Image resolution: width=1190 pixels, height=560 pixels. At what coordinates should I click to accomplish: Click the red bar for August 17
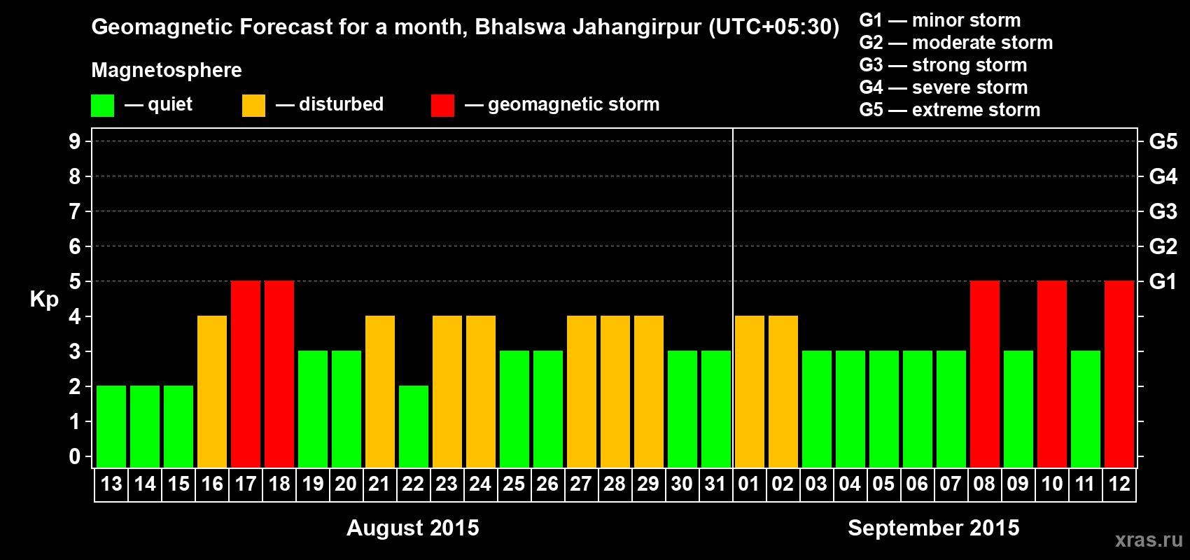246,374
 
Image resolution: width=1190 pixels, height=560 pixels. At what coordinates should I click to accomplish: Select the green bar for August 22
414,426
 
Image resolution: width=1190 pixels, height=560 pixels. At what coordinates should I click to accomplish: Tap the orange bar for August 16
212,391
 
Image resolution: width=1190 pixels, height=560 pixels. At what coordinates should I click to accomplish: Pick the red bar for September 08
985,374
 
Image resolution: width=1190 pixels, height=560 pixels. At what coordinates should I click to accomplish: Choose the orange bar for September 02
783,391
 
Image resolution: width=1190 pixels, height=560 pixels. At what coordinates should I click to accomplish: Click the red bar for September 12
1119,374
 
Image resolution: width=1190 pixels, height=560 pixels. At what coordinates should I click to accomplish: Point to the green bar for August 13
111,426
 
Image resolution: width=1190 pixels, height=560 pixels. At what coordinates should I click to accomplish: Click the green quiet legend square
102,106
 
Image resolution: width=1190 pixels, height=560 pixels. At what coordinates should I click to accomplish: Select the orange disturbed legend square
253,106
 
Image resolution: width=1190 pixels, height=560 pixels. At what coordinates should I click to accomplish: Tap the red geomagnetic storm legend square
442,106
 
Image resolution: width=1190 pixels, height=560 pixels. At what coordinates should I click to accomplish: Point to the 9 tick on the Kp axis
75,141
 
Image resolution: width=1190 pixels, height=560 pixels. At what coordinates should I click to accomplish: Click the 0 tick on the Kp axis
75,456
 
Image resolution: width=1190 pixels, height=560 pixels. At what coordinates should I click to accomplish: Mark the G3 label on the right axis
1163,211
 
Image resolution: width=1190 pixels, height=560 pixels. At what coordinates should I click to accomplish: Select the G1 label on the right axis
1163,281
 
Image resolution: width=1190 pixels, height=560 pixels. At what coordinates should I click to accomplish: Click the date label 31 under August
715,484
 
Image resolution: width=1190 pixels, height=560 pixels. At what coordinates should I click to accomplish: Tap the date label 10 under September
1051,484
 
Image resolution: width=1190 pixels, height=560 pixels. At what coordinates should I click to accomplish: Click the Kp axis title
44,300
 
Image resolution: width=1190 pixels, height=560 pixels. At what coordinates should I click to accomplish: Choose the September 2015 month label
933,528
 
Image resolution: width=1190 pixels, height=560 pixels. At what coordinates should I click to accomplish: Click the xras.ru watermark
1149,540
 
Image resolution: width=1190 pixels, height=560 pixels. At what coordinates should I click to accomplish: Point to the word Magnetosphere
167,70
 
